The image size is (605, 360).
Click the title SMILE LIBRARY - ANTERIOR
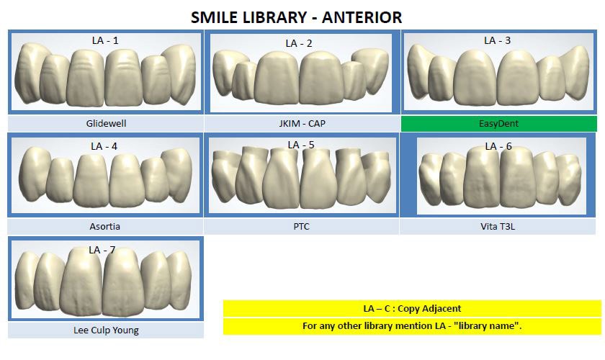pos(296,17)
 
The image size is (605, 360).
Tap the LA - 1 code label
pos(106,41)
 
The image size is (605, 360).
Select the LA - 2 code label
pos(299,43)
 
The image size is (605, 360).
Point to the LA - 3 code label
pos(497,40)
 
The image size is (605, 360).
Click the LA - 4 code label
pos(104,146)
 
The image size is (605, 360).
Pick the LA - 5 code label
pos(301,145)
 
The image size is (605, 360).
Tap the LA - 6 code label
pos(498,146)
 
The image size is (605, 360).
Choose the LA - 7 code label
pos(102,250)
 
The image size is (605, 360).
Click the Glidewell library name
pos(106,123)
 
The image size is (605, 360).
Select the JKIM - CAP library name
pos(302,123)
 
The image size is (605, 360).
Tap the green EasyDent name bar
pos(498,123)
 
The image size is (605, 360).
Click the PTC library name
pos(301,226)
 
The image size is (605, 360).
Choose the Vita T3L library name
pos(498,226)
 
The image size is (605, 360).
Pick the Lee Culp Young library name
pos(106,330)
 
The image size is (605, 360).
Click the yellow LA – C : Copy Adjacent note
pos(412,308)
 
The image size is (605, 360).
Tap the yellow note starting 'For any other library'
pos(412,326)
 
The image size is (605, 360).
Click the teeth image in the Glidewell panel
pos(106,76)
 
